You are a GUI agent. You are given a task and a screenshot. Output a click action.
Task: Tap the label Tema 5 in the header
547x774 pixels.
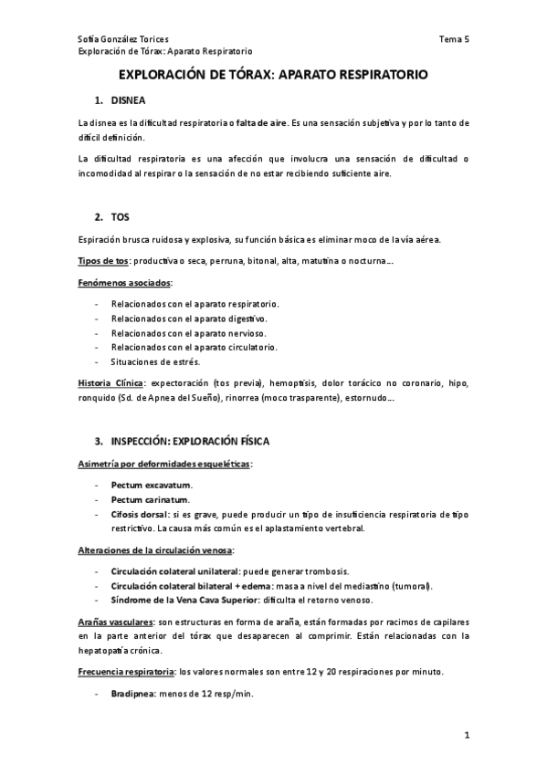(454, 39)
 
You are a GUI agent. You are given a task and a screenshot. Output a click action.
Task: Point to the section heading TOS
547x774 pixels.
(121, 217)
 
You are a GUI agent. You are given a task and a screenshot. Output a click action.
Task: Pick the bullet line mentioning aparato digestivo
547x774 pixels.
(188, 319)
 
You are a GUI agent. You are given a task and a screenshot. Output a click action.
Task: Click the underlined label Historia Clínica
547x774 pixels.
(110, 384)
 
